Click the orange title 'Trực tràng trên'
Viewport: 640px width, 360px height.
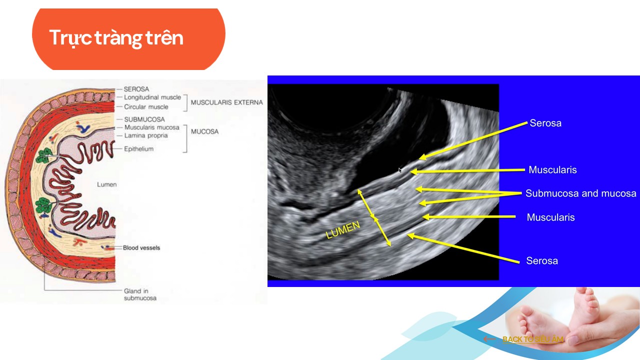(x=116, y=38)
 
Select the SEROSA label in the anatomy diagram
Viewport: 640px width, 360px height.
(x=136, y=89)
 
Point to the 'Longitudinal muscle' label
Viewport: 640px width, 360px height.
(x=152, y=97)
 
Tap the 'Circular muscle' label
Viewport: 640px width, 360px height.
(x=146, y=107)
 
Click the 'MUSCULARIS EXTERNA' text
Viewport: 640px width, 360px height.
(x=227, y=102)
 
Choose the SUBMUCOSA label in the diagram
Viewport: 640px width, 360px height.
(x=144, y=119)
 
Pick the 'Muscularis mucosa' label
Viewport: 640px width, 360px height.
(x=151, y=127)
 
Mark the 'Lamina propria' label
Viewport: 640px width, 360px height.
(x=146, y=135)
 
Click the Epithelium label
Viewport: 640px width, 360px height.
(x=139, y=149)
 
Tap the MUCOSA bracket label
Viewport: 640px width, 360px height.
(x=204, y=131)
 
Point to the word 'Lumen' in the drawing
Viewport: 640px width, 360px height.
(x=107, y=184)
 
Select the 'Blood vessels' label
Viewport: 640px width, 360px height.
(x=141, y=247)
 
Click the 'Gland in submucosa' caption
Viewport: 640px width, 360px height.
(x=140, y=294)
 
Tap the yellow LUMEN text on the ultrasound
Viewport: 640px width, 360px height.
(x=343, y=230)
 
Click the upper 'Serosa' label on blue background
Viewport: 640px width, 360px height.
(x=545, y=123)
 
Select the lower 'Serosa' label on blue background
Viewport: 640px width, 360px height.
(x=542, y=261)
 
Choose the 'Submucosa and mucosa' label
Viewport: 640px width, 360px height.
(x=581, y=193)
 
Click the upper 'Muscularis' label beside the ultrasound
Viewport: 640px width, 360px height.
(x=552, y=169)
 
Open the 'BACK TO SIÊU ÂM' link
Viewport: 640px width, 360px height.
(x=533, y=339)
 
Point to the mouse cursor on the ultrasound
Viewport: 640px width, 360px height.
(x=400, y=170)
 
